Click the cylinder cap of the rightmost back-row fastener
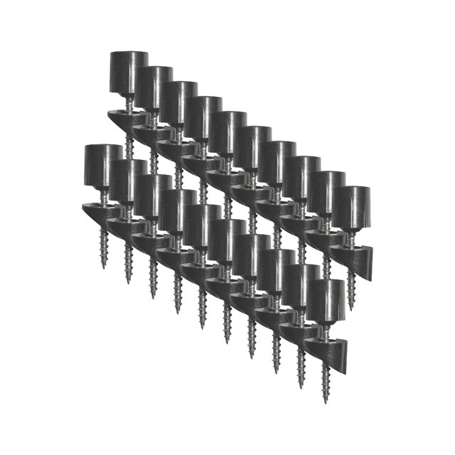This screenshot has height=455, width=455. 352,206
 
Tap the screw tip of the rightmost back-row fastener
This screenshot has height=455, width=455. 351,306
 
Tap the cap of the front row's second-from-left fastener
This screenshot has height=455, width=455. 129,178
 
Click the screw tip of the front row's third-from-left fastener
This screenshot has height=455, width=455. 153,295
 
